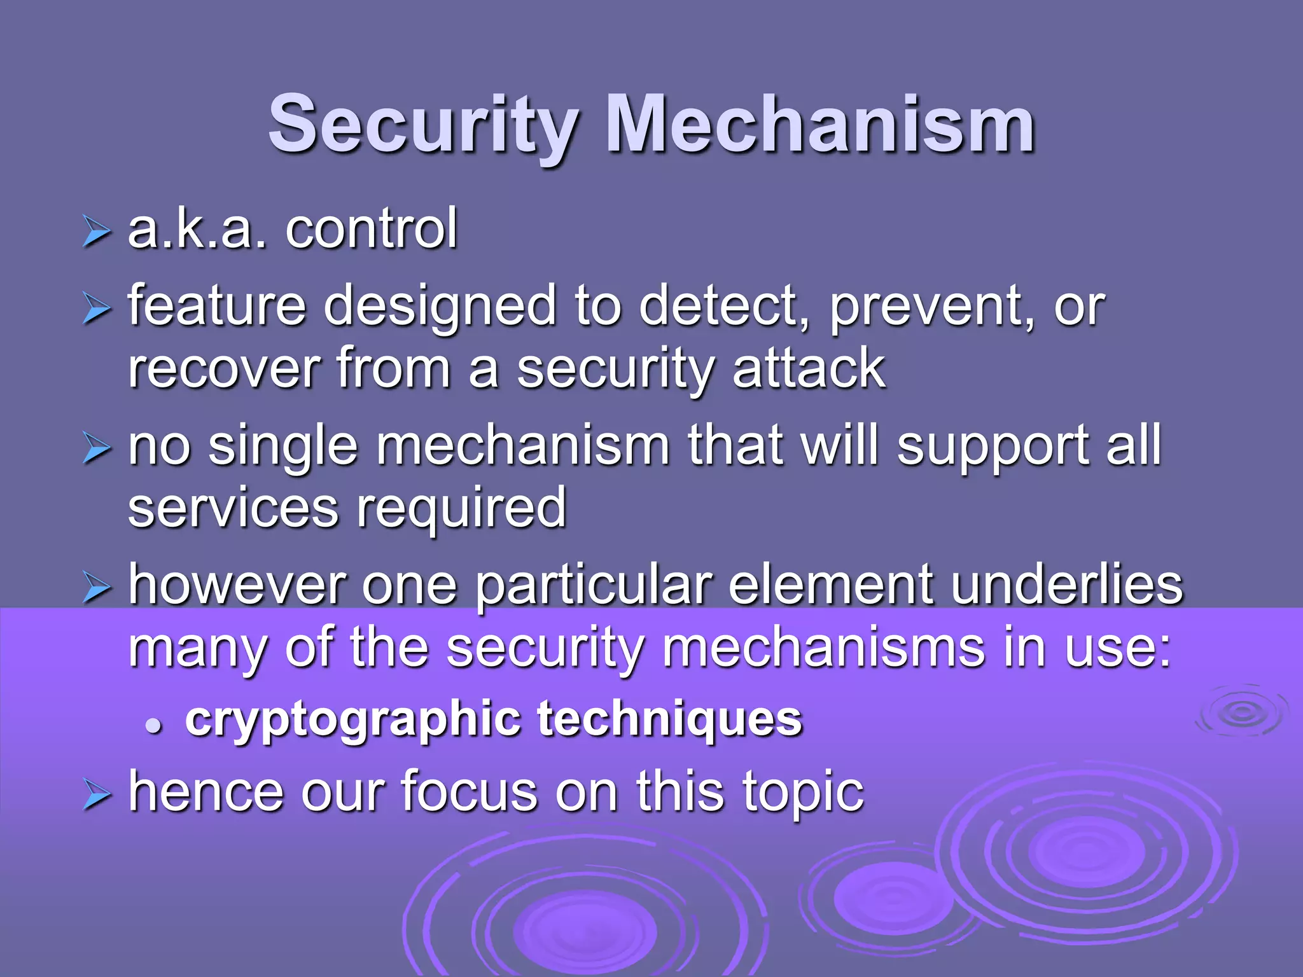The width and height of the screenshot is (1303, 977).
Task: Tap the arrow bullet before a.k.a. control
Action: (x=97, y=232)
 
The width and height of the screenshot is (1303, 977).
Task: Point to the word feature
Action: (x=217, y=306)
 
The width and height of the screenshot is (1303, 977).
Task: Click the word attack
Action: (x=809, y=369)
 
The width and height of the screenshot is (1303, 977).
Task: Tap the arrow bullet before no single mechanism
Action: (x=97, y=449)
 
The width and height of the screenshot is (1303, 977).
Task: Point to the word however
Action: (x=236, y=585)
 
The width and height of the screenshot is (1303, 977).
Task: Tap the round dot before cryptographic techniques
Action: (x=153, y=724)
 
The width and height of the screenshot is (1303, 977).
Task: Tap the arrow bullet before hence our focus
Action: (x=97, y=796)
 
